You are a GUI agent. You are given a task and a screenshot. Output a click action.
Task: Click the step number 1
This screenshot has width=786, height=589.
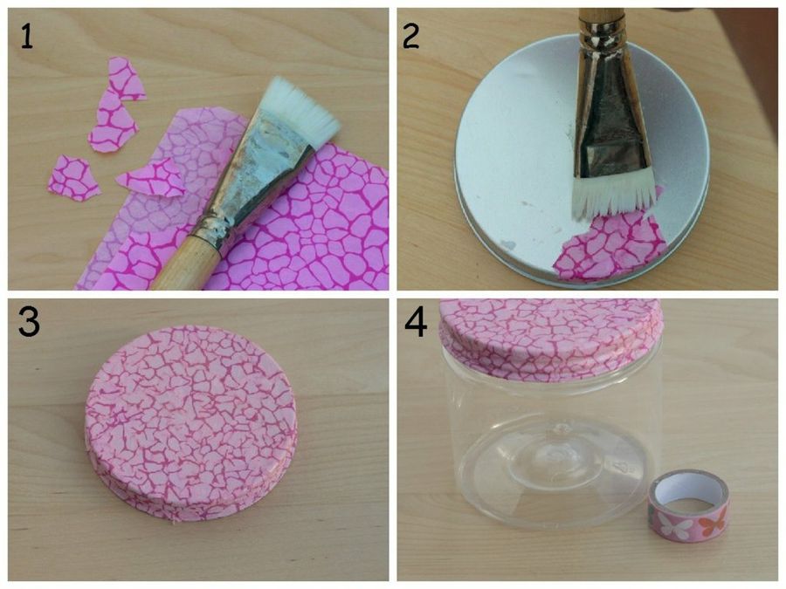[x=27, y=37]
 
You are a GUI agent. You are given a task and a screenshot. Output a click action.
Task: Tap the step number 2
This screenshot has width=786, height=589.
[x=411, y=37]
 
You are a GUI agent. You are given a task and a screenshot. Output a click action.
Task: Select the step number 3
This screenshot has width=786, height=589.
[x=29, y=321]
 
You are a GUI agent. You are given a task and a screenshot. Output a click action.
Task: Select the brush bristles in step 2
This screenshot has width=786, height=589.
[x=613, y=195]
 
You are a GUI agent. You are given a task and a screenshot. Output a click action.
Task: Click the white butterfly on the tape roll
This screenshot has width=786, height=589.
[x=670, y=525]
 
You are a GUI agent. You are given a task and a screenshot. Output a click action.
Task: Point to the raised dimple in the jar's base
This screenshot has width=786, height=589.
[x=555, y=453]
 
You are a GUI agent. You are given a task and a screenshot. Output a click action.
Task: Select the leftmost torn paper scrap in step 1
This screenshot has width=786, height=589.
[x=73, y=178]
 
